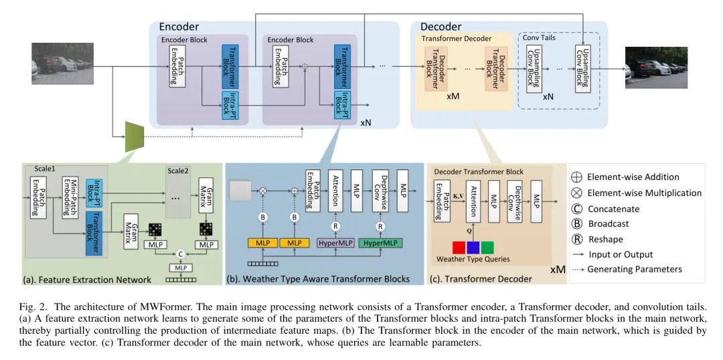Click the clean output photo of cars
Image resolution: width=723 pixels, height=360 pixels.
(x=656, y=67)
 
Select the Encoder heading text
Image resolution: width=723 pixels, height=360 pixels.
(x=179, y=27)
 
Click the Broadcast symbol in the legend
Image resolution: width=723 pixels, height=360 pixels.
(x=576, y=223)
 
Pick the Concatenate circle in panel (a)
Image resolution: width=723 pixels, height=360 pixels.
(x=179, y=254)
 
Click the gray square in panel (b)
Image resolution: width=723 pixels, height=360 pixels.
(x=239, y=191)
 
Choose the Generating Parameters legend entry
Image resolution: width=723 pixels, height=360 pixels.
(x=633, y=270)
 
